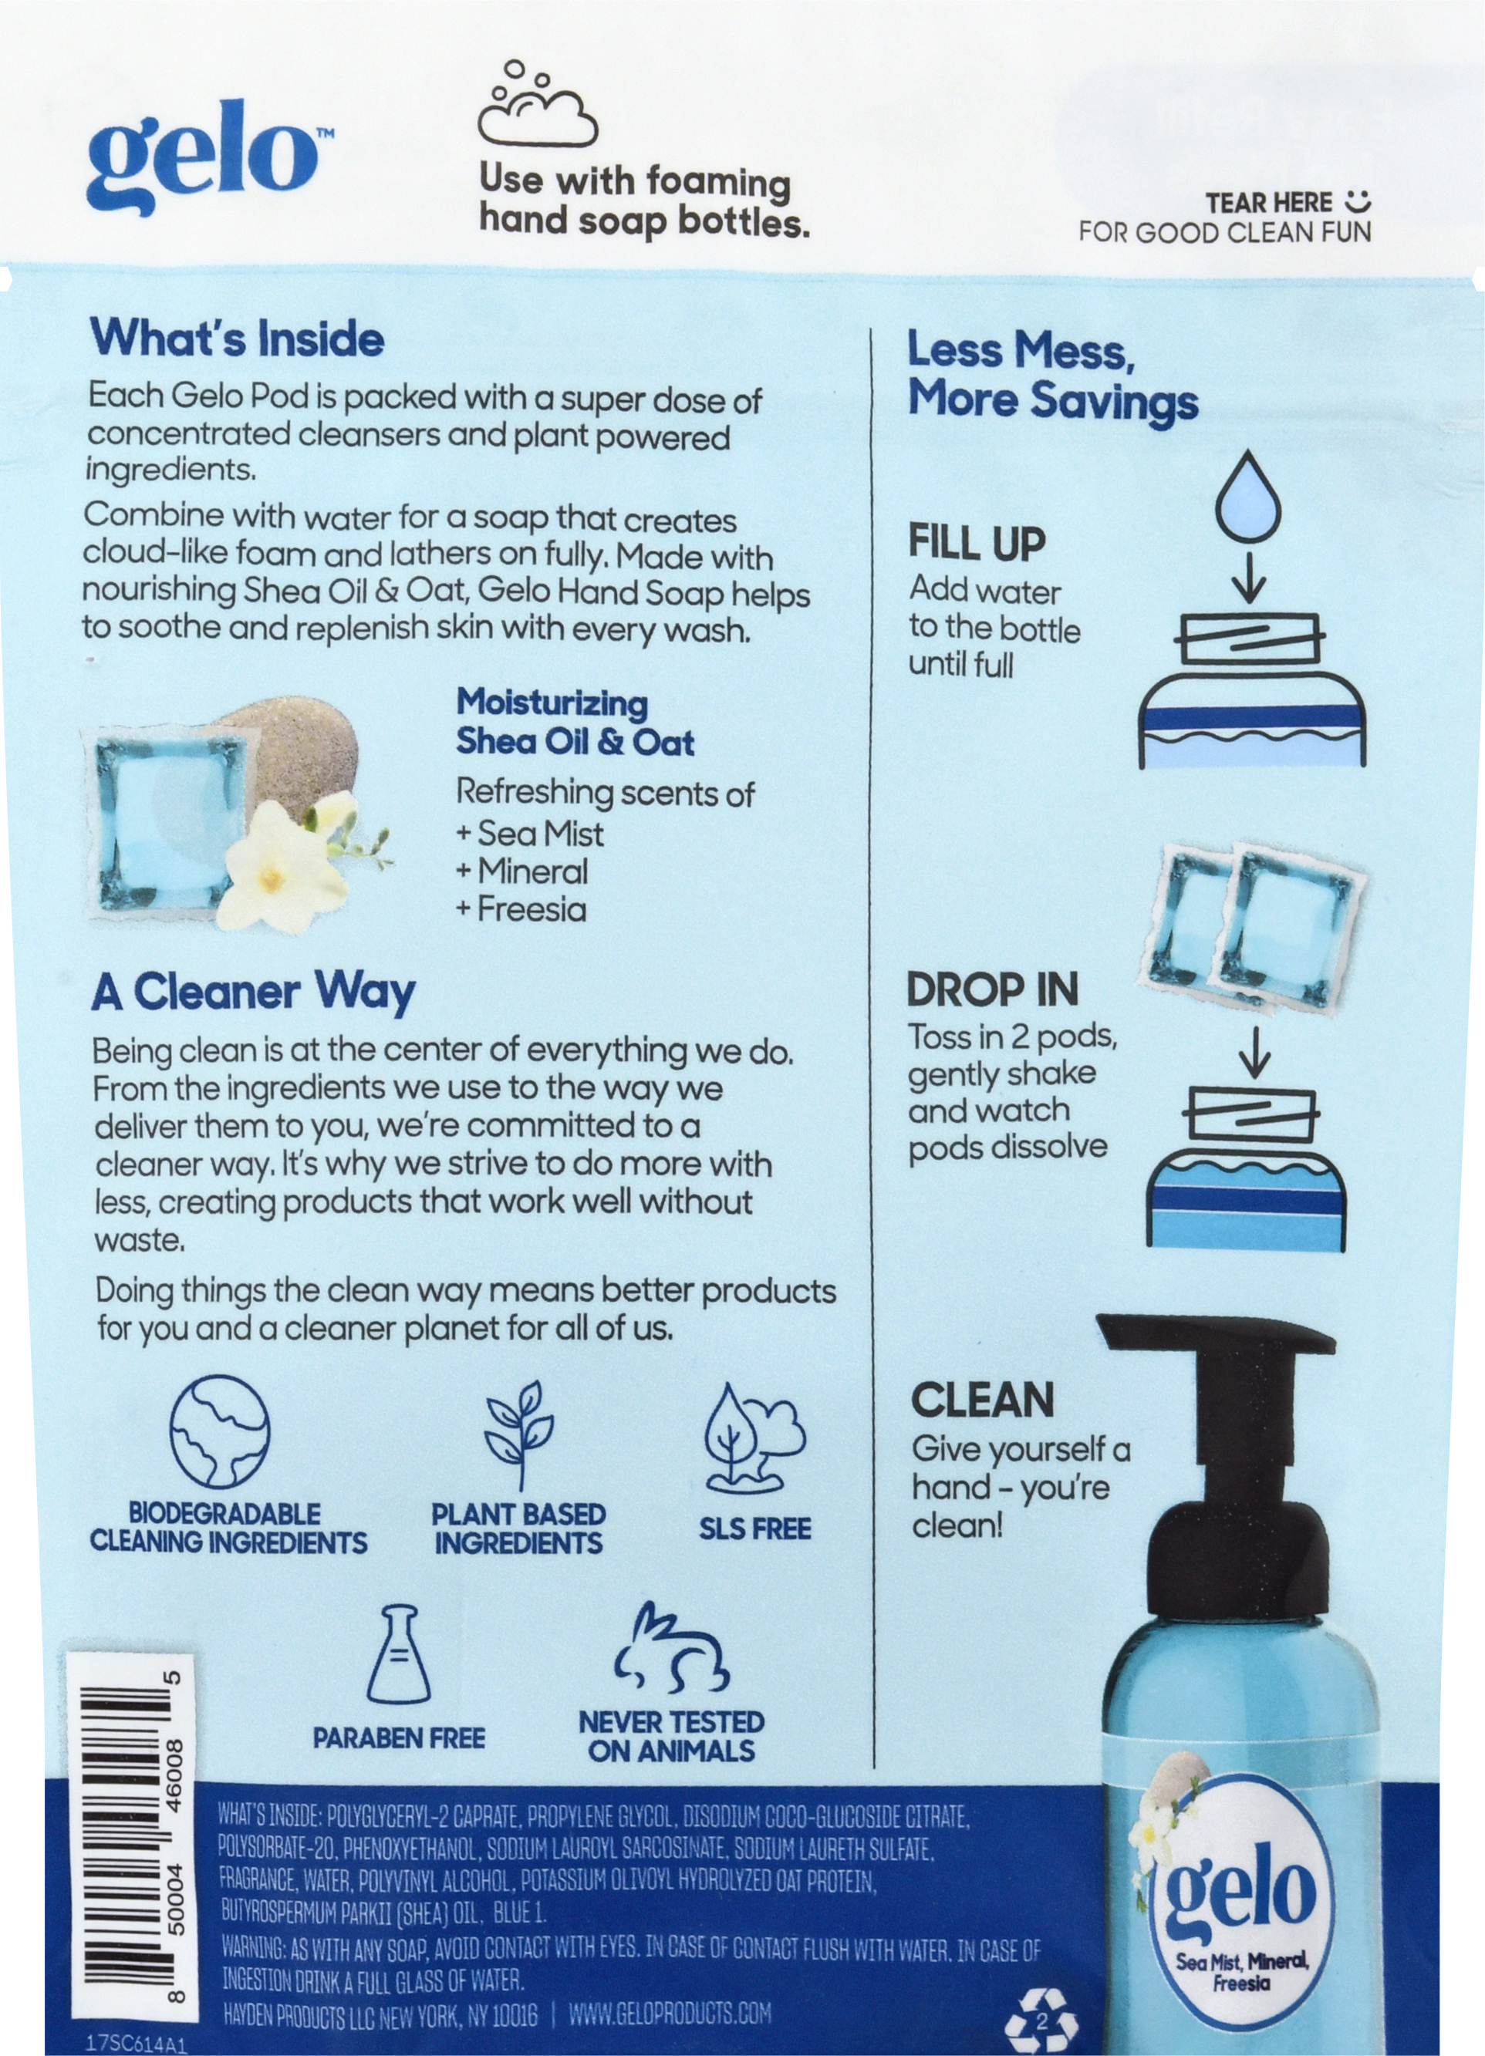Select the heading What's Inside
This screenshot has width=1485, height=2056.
click(238, 339)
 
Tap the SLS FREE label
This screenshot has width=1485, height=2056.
click(754, 1529)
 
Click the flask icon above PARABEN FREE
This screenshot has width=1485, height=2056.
click(398, 1654)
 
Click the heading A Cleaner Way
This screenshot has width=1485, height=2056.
click(253, 992)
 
